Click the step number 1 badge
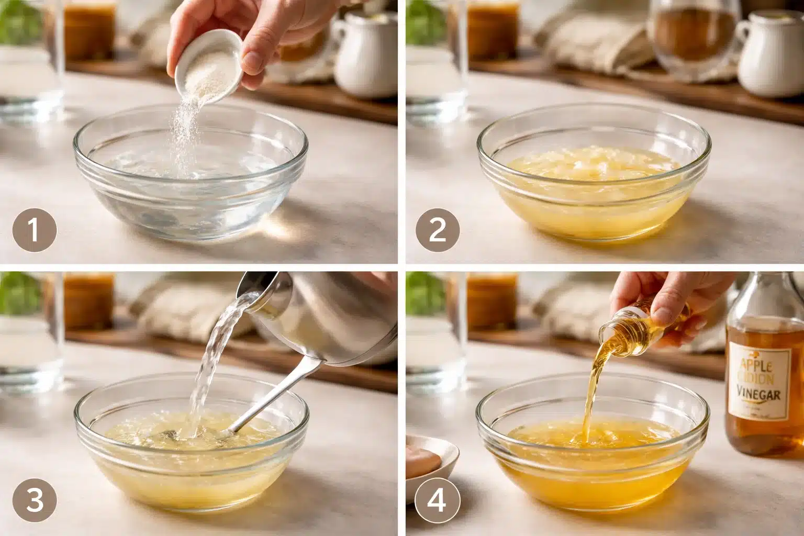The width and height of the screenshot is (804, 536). click(35, 230)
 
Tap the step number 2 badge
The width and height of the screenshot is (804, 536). click(438, 230)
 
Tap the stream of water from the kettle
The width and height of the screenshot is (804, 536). click(215, 356)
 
